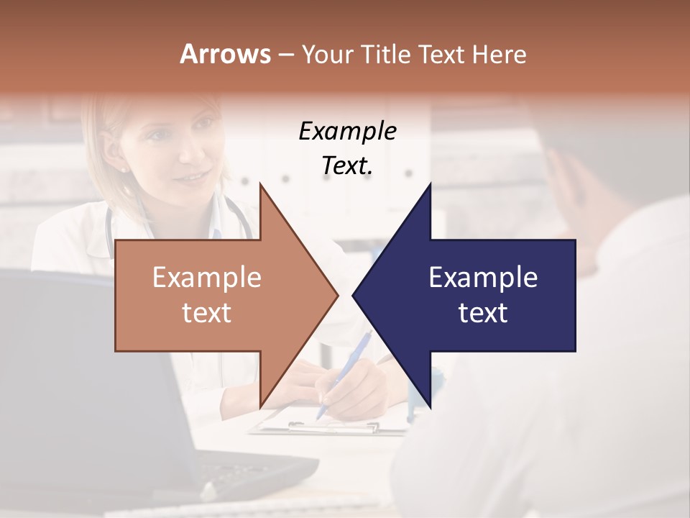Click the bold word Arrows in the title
226,54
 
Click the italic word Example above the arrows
347,132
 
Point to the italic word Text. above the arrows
347,165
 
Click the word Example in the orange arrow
207,278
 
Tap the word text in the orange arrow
207,312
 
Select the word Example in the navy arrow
483,278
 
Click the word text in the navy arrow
483,312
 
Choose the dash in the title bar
285,55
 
